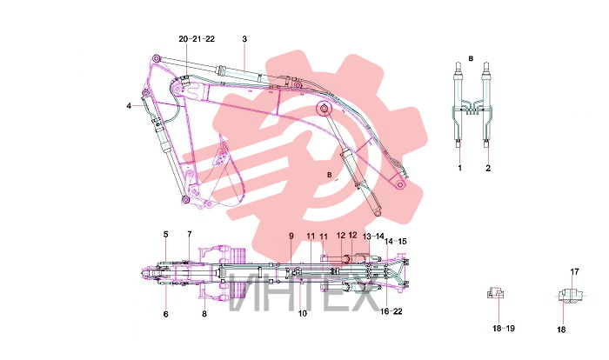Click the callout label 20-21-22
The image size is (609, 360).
[x=197, y=39]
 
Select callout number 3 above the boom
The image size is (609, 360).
[x=244, y=39]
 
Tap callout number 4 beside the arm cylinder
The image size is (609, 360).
[x=129, y=105]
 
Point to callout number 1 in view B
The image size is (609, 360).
[x=460, y=168]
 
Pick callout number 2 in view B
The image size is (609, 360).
[x=488, y=168]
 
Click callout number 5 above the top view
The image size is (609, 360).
[x=166, y=234]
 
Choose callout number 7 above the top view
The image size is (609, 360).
[x=190, y=234]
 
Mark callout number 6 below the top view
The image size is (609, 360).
[x=166, y=314]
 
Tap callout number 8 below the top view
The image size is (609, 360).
[x=204, y=314]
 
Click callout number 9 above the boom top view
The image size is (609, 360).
[x=291, y=236]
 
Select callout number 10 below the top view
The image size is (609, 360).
[x=303, y=313]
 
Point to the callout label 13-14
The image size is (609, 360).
[x=373, y=237]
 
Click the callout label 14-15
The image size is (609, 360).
[x=395, y=241]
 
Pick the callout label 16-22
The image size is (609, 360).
[x=391, y=311]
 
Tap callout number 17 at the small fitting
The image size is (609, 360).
[x=574, y=272]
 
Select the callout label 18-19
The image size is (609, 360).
[x=504, y=328]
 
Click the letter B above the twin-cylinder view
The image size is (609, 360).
[x=471, y=58]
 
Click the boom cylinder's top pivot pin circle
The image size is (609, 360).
[x=323, y=109]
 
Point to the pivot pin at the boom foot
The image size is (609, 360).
[x=400, y=184]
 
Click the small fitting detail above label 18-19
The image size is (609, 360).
[x=495, y=293]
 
